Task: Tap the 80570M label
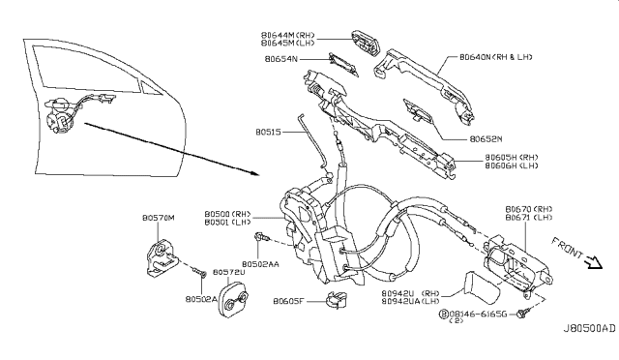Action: coord(157,218)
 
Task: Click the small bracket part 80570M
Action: coord(159,256)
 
